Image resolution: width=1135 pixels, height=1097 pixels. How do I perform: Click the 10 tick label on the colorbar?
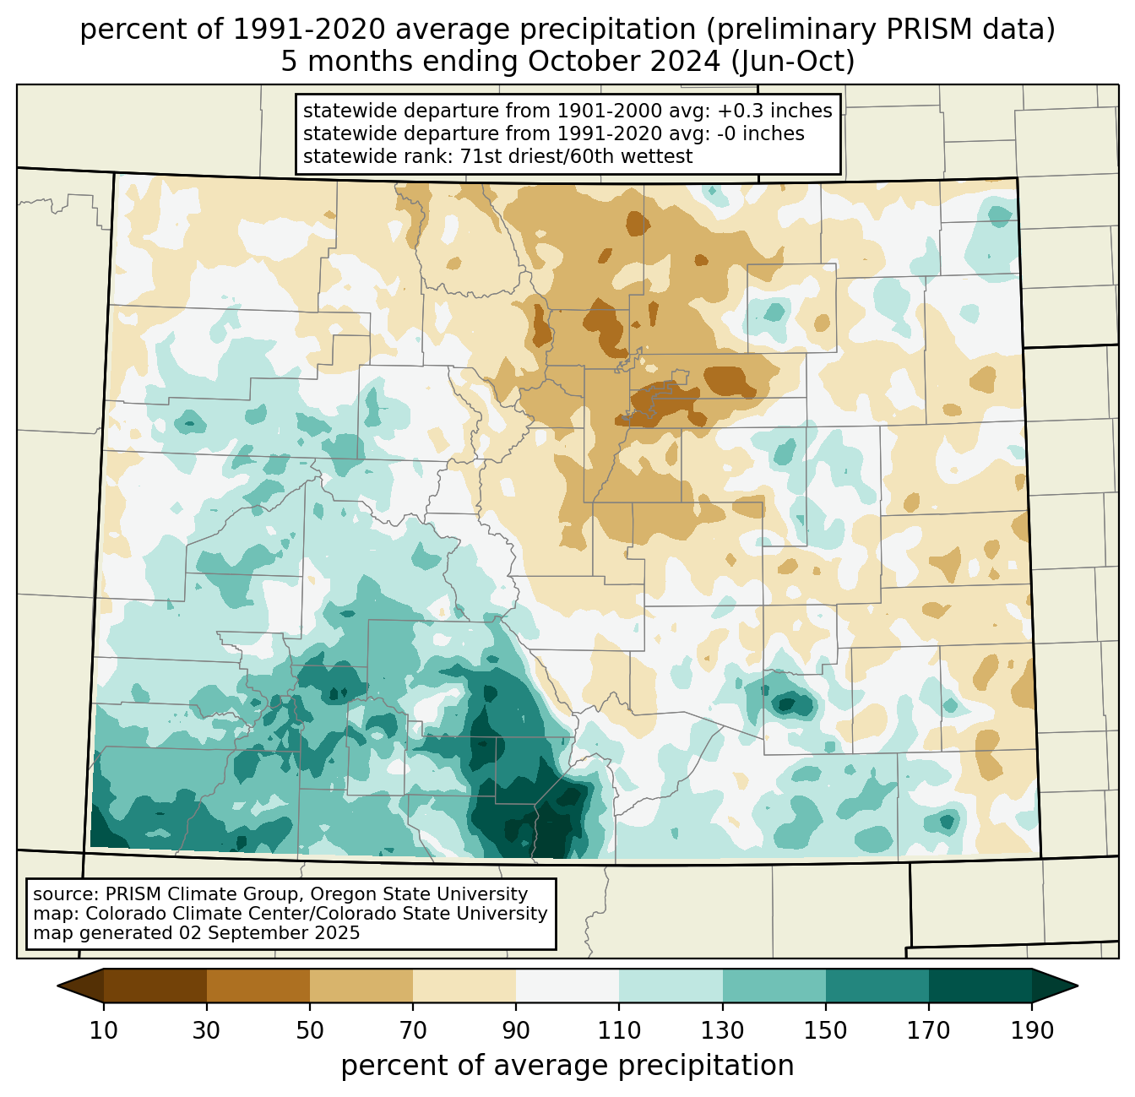click(x=103, y=1030)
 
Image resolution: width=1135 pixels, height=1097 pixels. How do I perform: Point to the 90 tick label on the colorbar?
click(x=516, y=1030)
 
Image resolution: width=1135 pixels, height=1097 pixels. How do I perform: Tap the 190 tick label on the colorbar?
click(x=1032, y=1030)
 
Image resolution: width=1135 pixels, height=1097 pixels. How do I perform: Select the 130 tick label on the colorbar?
click(x=722, y=1030)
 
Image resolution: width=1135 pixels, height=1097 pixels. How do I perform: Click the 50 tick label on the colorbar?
click(x=310, y=1030)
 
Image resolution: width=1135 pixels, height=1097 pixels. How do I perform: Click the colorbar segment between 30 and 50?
click(x=258, y=986)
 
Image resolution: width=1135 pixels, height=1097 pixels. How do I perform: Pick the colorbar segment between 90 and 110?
click(x=567, y=986)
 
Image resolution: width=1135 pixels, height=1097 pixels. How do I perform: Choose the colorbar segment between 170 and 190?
click(x=980, y=986)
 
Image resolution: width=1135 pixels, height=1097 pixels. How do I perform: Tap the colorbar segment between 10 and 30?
click(x=155, y=986)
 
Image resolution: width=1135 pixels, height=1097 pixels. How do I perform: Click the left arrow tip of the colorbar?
click(x=57, y=986)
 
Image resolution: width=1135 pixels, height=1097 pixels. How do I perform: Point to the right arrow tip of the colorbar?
click(x=1078, y=986)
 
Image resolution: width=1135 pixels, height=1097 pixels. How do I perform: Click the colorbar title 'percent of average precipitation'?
click(x=567, y=1066)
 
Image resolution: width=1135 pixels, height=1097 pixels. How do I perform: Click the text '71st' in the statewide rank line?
click(x=481, y=156)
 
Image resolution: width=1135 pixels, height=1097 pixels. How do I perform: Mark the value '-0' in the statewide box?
click(x=729, y=133)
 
